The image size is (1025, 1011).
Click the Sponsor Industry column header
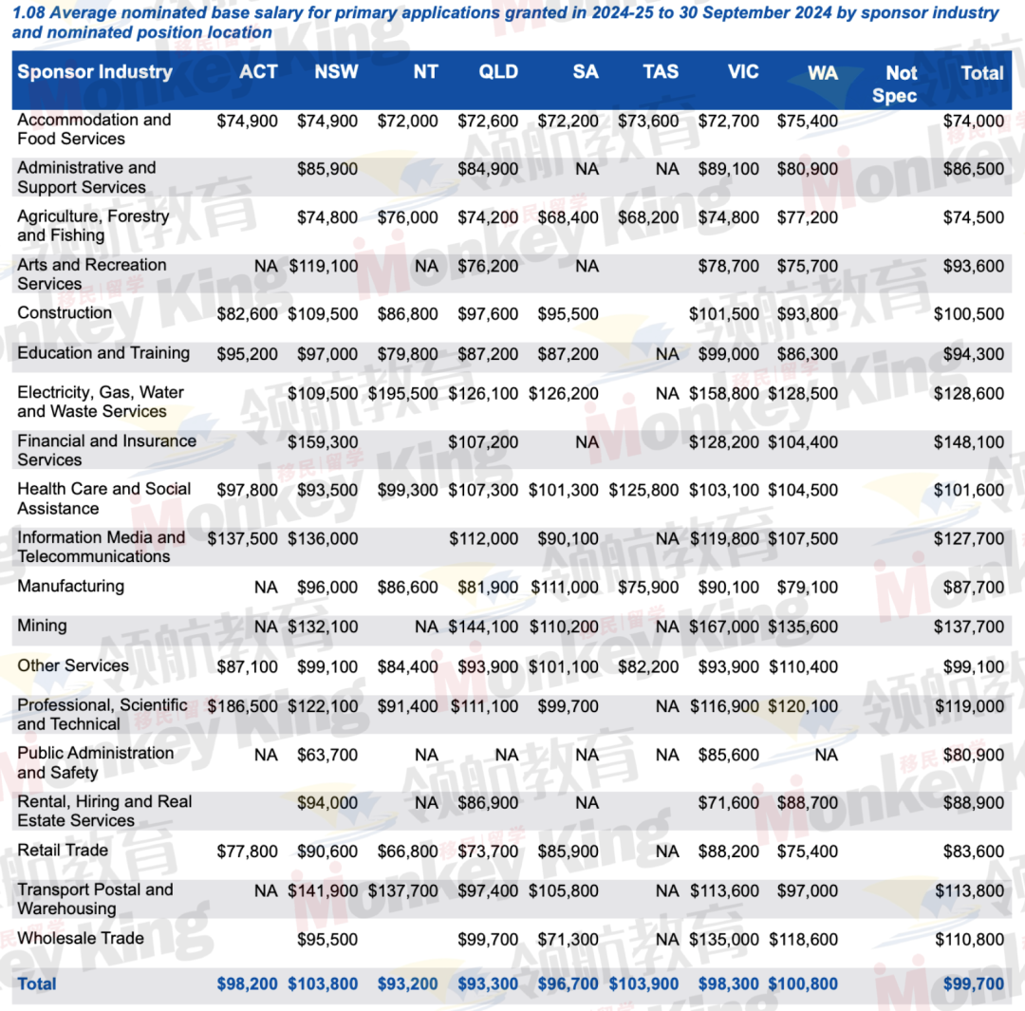point(95,72)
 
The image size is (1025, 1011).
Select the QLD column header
point(498,72)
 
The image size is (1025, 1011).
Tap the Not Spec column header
point(901,84)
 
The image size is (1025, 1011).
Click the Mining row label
point(43,626)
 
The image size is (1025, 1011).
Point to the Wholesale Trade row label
point(81,938)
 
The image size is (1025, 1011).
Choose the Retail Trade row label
point(64,850)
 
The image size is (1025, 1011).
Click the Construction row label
point(65,312)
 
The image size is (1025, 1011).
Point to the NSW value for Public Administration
point(327,756)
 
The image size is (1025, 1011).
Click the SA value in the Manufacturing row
point(565,588)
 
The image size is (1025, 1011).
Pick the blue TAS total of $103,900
point(644,984)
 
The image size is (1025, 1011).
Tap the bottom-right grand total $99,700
point(973,984)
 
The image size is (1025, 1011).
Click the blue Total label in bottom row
point(37,984)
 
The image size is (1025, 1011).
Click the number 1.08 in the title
point(28,13)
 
